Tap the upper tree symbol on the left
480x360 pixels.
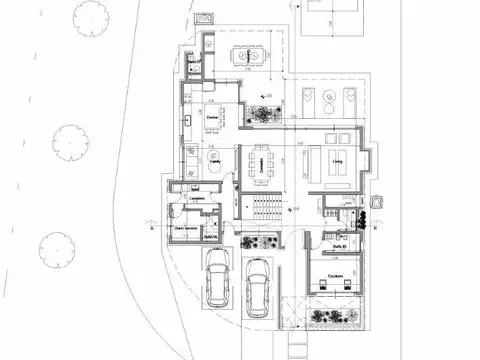69,138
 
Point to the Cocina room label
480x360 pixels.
211,118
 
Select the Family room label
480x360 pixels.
214,158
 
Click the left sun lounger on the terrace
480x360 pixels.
310,98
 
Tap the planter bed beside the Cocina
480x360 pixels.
265,113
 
